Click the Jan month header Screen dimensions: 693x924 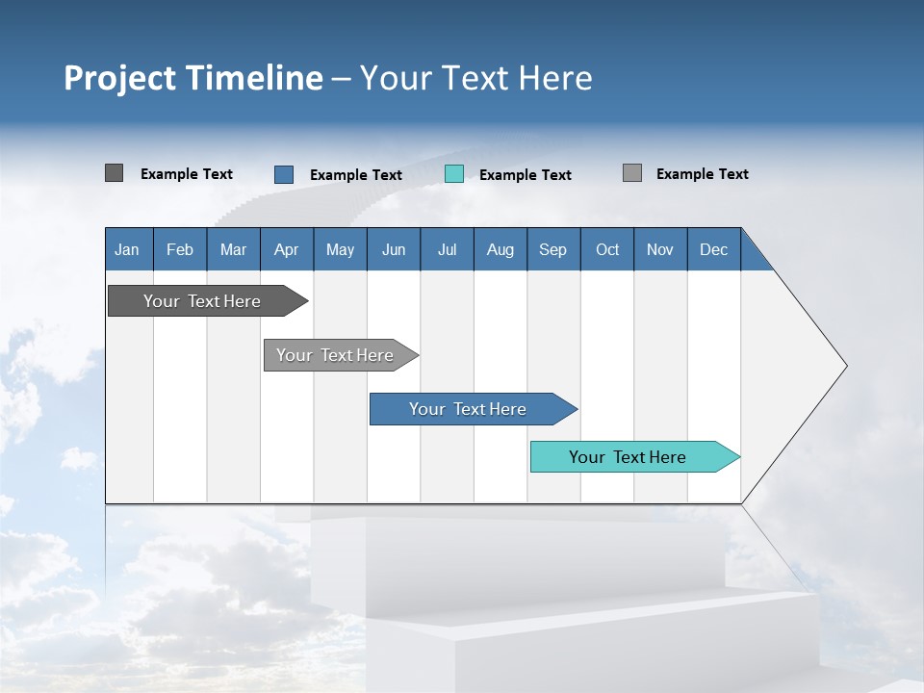127,249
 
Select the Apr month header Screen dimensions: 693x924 286,249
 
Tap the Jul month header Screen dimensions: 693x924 447,249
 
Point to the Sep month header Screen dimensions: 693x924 552,249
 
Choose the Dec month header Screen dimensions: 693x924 713,249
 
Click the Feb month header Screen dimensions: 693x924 180,249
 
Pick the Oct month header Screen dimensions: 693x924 607,249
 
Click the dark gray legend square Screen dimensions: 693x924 114,173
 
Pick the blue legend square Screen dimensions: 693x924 284,174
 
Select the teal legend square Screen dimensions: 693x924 454,174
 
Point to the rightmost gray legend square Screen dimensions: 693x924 632,173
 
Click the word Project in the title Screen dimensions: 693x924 119,78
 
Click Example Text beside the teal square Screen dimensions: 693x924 526,175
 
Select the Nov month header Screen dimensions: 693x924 660,249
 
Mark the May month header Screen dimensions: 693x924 340,249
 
